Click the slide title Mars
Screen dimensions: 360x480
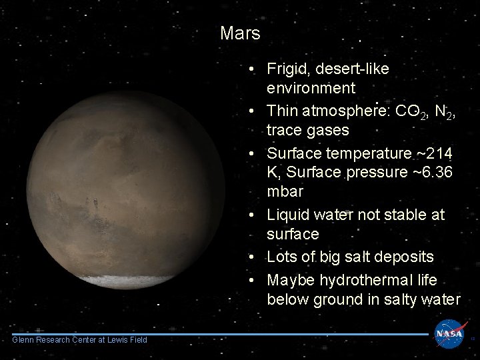pyautogui.click(x=240, y=33)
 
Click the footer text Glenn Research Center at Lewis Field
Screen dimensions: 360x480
pyautogui.click(x=79, y=340)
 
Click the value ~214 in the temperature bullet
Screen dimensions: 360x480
pyautogui.click(x=433, y=154)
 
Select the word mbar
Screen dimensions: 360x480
pyautogui.click(x=285, y=192)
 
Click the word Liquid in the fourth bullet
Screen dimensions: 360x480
pyautogui.click(x=287, y=215)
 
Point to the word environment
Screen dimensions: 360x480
pyautogui.click(x=311, y=88)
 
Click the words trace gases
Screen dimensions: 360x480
pyautogui.click(x=307, y=130)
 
